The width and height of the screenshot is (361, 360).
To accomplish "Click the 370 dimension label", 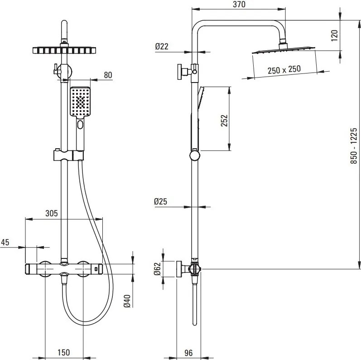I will pos(239,5).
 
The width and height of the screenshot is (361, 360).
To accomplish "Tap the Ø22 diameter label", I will pos(162,46).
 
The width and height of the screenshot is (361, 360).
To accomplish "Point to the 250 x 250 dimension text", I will pos(284,70).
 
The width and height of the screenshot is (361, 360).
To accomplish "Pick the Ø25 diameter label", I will pos(161,202).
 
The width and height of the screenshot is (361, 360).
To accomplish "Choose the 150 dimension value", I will pos(64,352).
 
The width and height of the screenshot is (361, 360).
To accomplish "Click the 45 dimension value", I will pos(5,242).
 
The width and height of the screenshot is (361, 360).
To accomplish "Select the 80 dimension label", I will pos(107,75).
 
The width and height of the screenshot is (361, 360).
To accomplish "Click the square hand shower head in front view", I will pos(81,102).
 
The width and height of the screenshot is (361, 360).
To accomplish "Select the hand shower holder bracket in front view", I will pos(68,155).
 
